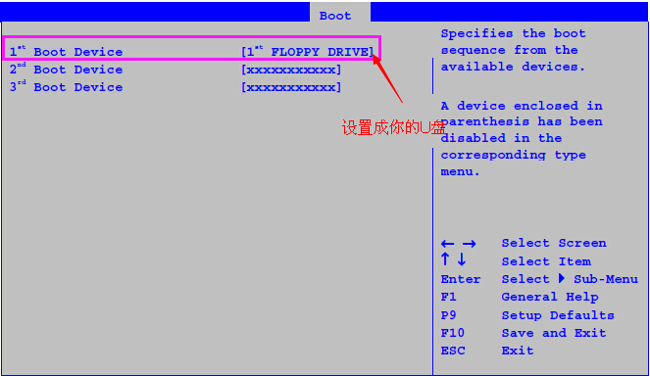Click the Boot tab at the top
[335, 15]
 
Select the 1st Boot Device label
[67, 52]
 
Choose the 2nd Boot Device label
[67, 70]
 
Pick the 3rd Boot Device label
[67, 87]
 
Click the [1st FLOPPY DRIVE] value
[307, 52]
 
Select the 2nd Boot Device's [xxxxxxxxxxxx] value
[291, 70]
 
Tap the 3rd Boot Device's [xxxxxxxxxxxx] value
[291, 87]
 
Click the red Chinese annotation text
[394, 128]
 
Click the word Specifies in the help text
[476, 33]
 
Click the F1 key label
[449, 297]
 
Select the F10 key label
[453, 333]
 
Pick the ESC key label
[453, 351]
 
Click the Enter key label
[461, 279]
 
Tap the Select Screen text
[554, 243]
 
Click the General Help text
[550, 297]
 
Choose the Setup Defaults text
[558, 315]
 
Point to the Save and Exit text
[554, 333]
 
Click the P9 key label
[449, 315]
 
